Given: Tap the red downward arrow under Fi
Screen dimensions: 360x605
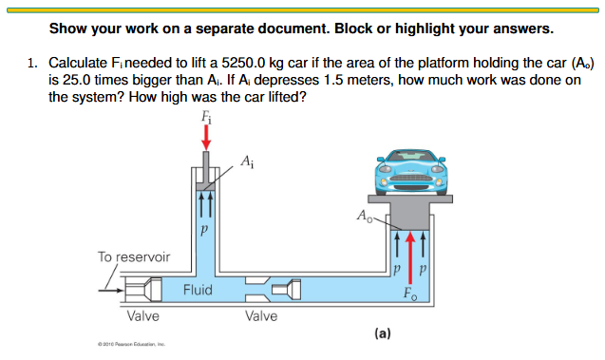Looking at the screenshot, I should [x=205, y=139].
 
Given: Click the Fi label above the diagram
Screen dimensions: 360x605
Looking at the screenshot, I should [x=205, y=117].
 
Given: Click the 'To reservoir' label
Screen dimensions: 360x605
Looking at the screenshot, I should [x=134, y=256].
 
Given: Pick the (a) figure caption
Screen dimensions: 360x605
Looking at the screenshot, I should [x=382, y=332].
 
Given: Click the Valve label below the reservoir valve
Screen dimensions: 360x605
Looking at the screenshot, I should [x=143, y=315].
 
